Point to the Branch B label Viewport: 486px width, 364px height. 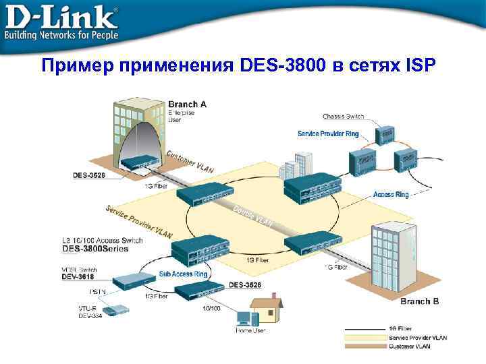(x=419, y=301)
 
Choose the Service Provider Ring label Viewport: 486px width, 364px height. (x=328, y=133)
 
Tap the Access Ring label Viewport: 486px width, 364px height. (x=391, y=194)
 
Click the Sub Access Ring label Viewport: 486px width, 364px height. (x=184, y=274)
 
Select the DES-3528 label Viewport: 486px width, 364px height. (x=89, y=175)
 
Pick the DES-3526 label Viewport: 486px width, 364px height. (x=244, y=284)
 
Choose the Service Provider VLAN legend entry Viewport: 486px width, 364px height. (x=416, y=336)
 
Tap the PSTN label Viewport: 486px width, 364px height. (x=96, y=292)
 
